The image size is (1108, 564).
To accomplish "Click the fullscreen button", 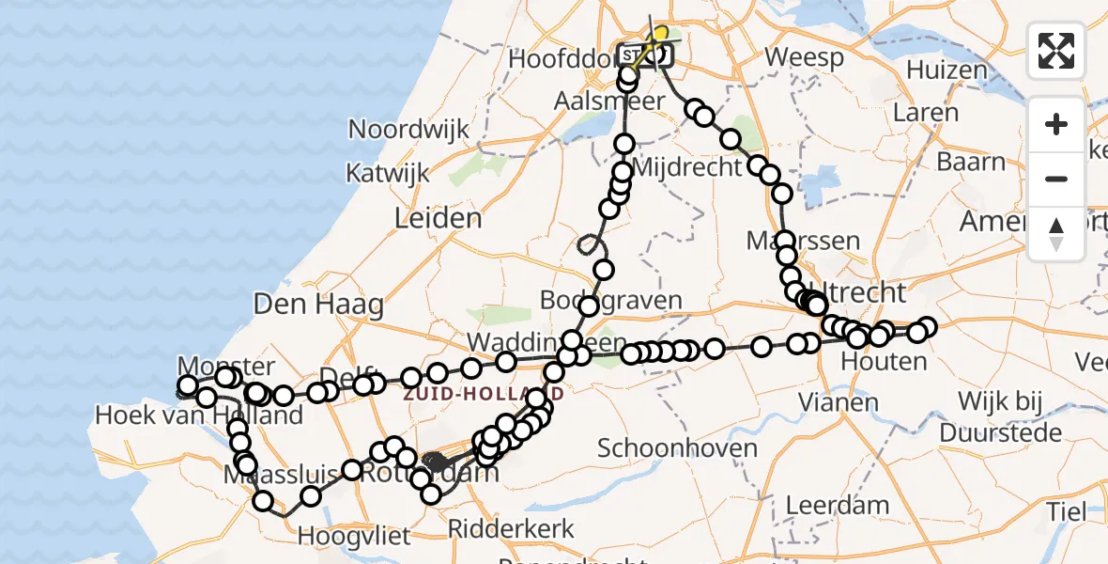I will (x=1056, y=51).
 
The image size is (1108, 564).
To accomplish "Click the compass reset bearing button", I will (x=1056, y=234).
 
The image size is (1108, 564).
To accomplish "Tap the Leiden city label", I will (x=438, y=219).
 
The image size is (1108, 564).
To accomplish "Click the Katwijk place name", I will (x=388, y=174).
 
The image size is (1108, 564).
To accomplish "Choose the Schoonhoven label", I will (x=677, y=447).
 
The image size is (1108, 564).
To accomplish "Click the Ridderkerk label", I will (x=511, y=528).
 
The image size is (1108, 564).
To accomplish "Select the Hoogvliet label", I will (x=355, y=537).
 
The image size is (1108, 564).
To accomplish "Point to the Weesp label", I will (x=804, y=57).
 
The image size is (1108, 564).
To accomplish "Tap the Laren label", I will (x=925, y=114).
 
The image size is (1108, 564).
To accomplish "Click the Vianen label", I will (x=838, y=403).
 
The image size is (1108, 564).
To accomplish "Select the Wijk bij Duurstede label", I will (x=1001, y=416).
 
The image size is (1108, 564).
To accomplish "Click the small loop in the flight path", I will (x=590, y=244).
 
